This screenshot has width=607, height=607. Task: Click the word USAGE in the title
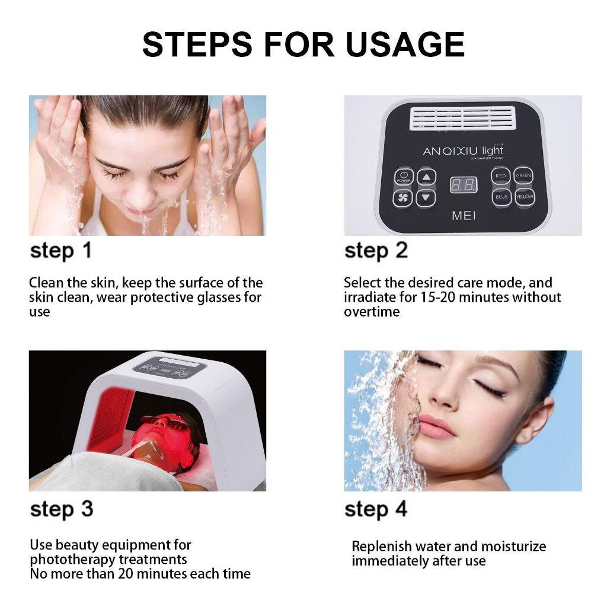(405, 44)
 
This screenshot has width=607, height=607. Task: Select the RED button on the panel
(501, 176)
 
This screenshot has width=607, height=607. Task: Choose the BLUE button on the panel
(501, 197)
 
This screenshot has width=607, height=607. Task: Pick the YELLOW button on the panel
(525, 197)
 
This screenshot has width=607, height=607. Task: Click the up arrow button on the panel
(426, 177)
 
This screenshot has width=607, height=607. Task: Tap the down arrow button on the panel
(426, 197)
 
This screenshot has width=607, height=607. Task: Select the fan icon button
(403, 197)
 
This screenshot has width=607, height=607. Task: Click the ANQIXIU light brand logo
(462, 151)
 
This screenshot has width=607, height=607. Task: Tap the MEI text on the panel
(464, 216)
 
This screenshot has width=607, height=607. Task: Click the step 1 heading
(62, 251)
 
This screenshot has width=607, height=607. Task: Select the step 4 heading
(376, 509)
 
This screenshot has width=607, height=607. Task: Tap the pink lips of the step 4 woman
(435, 427)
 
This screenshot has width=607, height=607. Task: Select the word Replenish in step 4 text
(379, 547)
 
